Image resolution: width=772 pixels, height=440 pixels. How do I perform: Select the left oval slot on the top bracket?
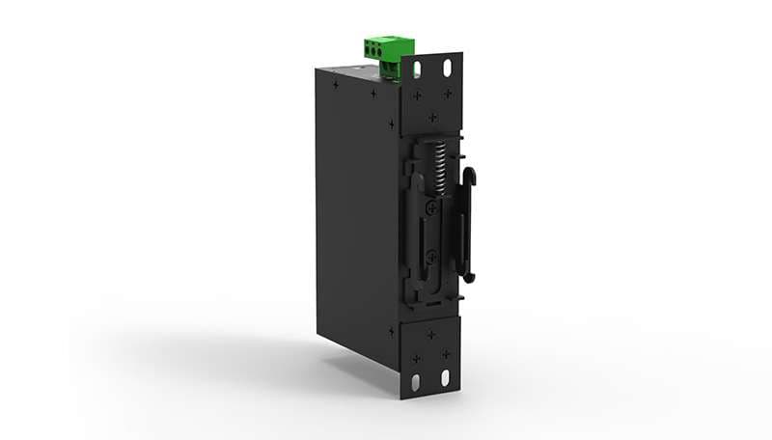coord(418,69)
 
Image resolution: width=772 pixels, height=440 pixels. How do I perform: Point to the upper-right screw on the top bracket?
coord(447,94)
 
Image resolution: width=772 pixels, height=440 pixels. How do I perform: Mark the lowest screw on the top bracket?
coord(432,118)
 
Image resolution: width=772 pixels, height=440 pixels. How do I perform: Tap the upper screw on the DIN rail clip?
coord(432,207)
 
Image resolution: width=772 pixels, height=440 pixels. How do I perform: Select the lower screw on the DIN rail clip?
coord(431,257)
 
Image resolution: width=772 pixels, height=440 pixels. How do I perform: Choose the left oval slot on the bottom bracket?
coord(417,381)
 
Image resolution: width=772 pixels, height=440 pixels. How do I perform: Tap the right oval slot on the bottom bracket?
coord(445,377)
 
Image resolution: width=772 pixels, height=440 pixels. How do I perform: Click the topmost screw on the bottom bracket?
coord(430,335)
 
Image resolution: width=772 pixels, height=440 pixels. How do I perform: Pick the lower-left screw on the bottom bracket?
coord(417,358)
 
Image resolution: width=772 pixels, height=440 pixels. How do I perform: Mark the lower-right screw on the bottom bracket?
coord(445,354)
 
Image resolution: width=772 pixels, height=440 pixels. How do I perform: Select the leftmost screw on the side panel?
coord(336,84)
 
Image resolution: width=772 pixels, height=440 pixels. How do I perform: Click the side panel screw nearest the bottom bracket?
coord(391,330)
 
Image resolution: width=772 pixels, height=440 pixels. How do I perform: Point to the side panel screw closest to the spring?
coord(391,124)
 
